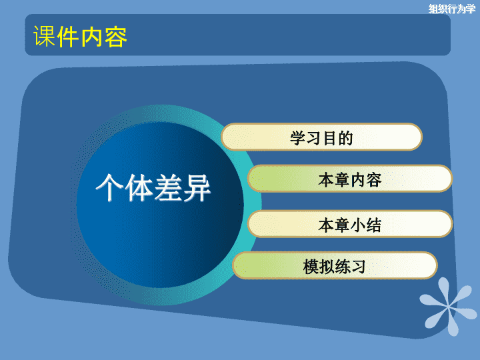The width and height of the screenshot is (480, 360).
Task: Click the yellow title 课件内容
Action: pyautogui.click(x=80, y=37)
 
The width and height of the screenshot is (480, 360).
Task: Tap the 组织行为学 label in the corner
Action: pyautogui.click(x=452, y=9)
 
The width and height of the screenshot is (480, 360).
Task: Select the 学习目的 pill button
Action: pyautogui.click(x=321, y=137)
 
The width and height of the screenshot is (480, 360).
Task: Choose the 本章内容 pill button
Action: pyautogui.click(x=350, y=179)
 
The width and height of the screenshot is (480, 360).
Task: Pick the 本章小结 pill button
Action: pyautogui.click(x=350, y=224)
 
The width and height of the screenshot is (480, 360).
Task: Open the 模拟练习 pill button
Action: pyautogui.click(x=335, y=265)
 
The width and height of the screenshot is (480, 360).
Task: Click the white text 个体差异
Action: pyautogui.click(x=153, y=187)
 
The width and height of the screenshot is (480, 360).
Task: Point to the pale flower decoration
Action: pyautogui.click(x=448, y=307)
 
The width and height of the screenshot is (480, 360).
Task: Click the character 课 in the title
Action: pyautogui.click(x=45, y=37)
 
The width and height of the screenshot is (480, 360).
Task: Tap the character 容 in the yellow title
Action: pyautogui.click(x=116, y=37)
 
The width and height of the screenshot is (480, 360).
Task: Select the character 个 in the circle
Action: pyautogui.click(x=109, y=187)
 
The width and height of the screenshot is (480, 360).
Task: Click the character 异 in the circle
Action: pyautogui.click(x=197, y=187)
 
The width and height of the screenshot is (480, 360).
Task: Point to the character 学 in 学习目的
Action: pyautogui.click(x=298, y=138)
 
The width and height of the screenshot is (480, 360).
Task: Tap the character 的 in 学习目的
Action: pyautogui.click(x=345, y=138)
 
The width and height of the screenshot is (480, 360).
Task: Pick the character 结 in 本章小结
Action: pyautogui.click(x=373, y=225)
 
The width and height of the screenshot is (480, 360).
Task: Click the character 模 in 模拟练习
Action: pyautogui.click(x=311, y=266)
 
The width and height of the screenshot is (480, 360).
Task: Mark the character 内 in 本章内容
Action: pyautogui.click(x=358, y=179)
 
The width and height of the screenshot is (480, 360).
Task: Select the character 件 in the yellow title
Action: pyautogui.click(x=68, y=37)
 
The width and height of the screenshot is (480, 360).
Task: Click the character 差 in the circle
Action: pyautogui.click(x=168, y=187)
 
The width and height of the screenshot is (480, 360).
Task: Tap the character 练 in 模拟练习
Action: pyautogui.click(x=343, y=266)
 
